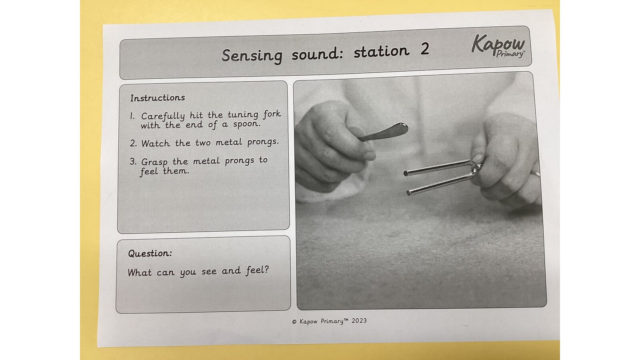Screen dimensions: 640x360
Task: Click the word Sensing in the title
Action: pos(252,55)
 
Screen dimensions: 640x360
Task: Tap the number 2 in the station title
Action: pos(424,49)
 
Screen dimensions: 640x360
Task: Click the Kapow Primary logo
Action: pos(498,45)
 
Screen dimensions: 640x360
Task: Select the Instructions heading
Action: pos(158,98)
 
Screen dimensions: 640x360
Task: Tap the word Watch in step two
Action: pos(156,143)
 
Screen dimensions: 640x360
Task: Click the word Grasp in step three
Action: pos(154,162)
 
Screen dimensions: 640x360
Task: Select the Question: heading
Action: pos(150,254)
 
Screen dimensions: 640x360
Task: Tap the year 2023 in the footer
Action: pos(359,320)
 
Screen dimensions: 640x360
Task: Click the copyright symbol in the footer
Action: pos(294,322)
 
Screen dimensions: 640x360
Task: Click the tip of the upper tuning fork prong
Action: pos(406,173)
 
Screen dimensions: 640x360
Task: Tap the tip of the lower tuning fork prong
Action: pos(409,193)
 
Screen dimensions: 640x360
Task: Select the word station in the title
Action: pos(382,52)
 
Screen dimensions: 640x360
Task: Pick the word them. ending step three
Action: pos(176,171)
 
